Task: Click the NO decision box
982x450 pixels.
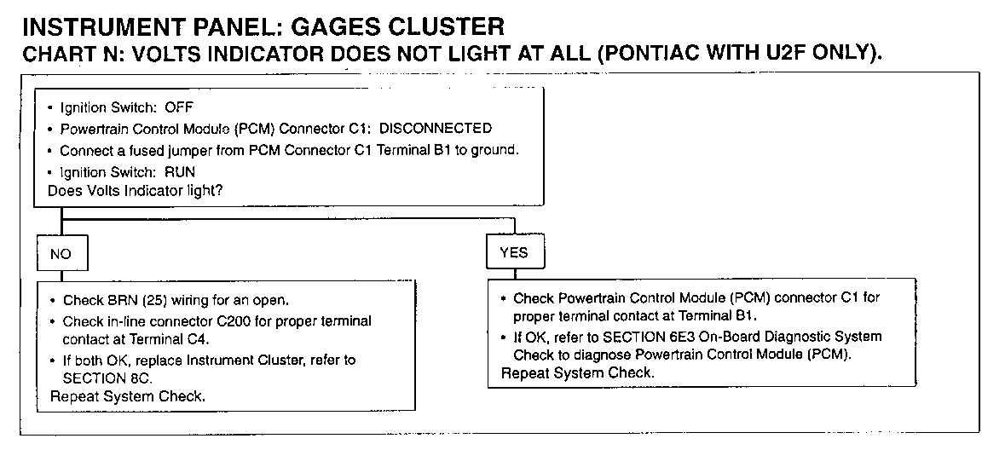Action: click(61, 253)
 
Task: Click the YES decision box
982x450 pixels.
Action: click(513, 252)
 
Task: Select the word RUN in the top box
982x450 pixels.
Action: click(180, 171)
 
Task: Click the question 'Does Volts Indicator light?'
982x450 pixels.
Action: click(136, 191)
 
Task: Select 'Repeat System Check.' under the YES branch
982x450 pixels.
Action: click(577, 373)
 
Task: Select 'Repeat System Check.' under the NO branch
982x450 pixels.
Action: click(128, 395)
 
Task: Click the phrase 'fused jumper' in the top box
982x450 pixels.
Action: click(170, 151)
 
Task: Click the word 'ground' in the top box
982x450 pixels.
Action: click(496, 151)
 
